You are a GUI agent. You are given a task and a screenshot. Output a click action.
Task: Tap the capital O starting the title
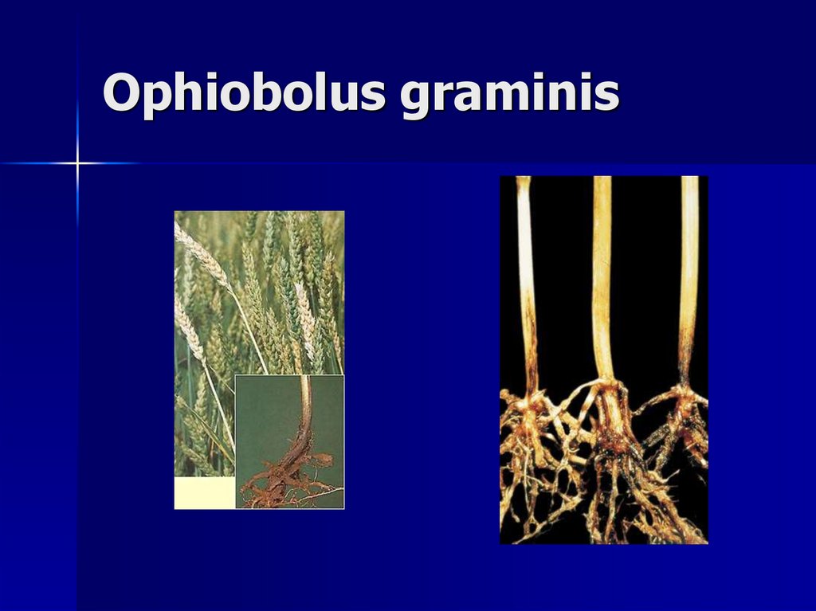120,92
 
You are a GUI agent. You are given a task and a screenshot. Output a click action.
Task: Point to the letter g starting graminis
417,99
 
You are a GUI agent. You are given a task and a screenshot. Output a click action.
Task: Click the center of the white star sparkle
77,163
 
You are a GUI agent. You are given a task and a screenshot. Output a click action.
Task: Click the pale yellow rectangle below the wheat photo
204,492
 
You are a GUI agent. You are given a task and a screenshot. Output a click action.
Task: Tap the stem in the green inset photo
304,414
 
